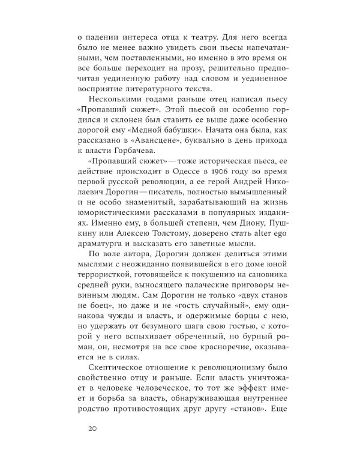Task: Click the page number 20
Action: pyautogui.click(x=92, y=428)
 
